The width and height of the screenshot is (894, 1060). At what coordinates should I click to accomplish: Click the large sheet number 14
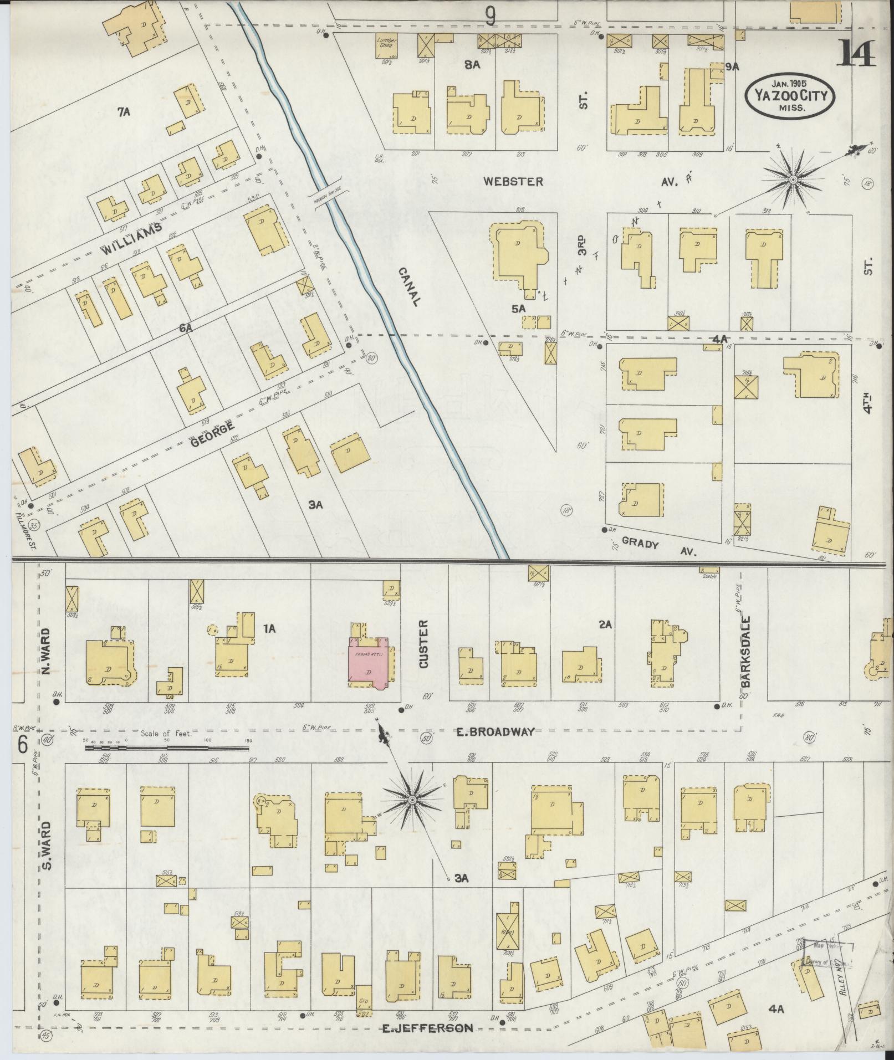click(x=857, y=54)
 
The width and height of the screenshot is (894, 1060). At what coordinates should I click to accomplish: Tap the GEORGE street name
click(x=213, y=433)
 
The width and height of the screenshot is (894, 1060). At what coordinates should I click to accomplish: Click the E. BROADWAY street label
click(x=495, y=732)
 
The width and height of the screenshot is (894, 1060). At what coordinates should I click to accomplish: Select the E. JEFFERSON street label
click(x=428, y=1028)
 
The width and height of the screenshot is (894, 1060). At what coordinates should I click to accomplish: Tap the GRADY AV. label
click(x=659, y=546)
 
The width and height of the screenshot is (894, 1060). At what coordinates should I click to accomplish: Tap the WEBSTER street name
click(x=513, y=181)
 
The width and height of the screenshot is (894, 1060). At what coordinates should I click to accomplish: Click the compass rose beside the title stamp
click(x=793, y=180)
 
